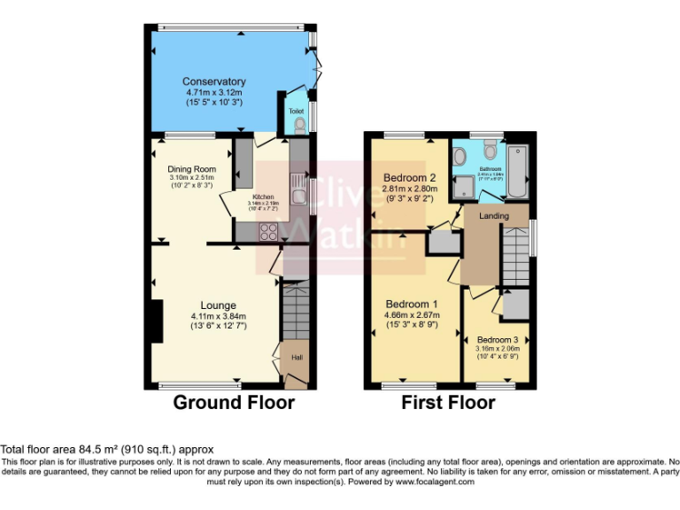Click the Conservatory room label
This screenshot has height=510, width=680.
214,81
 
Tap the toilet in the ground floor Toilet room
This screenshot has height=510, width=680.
298,127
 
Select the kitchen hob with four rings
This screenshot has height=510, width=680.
269,231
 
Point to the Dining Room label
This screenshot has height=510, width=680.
192,168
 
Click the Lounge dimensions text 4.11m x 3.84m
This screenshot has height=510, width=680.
217,316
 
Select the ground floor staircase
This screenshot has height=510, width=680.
295,309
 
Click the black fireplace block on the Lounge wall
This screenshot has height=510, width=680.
156,321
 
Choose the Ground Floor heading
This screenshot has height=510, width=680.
233,403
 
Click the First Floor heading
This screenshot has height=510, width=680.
448,403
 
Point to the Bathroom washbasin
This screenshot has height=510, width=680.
460,158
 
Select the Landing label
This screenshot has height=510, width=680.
494,215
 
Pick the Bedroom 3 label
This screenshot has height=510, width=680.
497,340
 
